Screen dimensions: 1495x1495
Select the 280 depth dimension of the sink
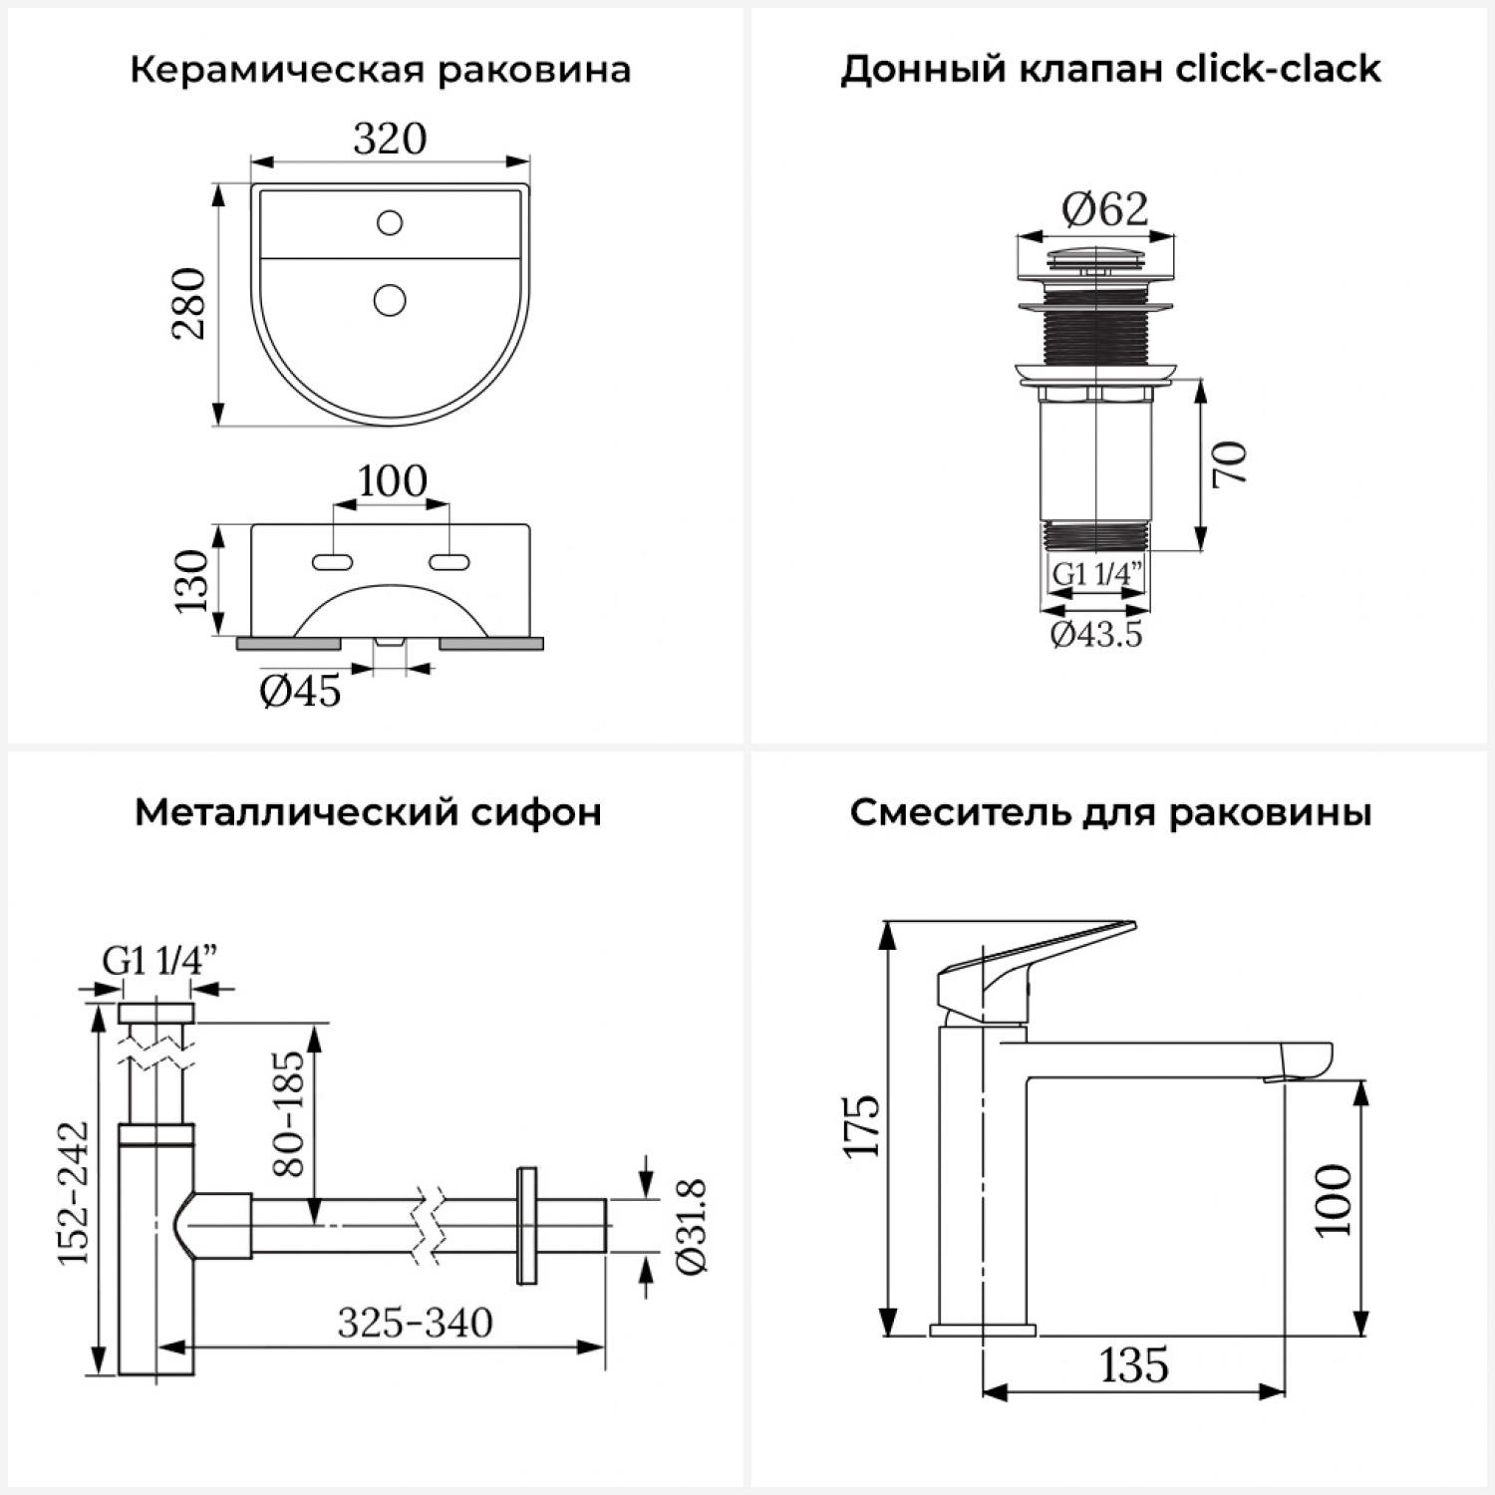pyautogui.click(x=189, y=304)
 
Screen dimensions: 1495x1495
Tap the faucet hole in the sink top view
pyautogui.click(x=390, y=222)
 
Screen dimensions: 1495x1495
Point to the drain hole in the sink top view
pyautogui.click(x=390, y=299)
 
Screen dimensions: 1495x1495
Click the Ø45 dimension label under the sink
pyautogui.click(x=300, y=691)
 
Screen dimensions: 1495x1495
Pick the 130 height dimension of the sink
pyautogui.click(x=191, y=581)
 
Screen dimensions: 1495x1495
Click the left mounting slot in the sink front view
pyautogui.click(x=332, y=563)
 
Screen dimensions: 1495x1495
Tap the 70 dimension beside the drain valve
pyautogui.click(x=1230, y=463)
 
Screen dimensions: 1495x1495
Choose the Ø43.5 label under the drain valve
pyautogui.click(x=1096, y=634)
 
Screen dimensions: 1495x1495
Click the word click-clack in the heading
pyautogui.click(x=1279, y=70)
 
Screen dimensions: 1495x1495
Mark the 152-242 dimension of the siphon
pyautogui.click(x=74, y=1193)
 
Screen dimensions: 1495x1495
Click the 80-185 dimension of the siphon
pyautogui.click(x=289, y=1113)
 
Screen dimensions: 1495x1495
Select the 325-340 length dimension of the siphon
pyautogui.click(x=415, y=1324)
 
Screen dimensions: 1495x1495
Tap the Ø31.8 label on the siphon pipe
pyautogui.click(x=691, y=1226)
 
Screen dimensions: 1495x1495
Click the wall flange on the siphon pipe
pyautogui.click(x=526, y=1225)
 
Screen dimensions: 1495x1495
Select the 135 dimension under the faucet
pyautogui.click(x=1134, y=1365)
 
